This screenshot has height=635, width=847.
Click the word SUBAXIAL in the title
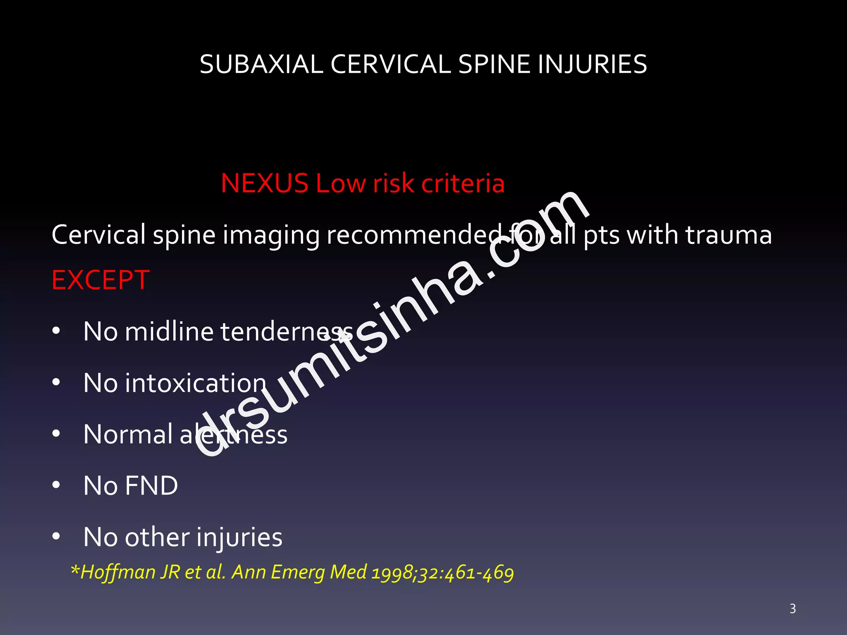(x=261, y=64)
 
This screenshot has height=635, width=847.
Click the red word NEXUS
(x=265, y=183)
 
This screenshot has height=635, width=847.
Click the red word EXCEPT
(x=100, y=280)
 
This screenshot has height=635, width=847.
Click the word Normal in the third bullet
(x=128, y=434)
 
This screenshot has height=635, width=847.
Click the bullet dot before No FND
(x=56, y=485)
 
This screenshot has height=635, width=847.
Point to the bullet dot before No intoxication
(x=56, y=382)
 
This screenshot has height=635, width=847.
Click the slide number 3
(x=792, y=609)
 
